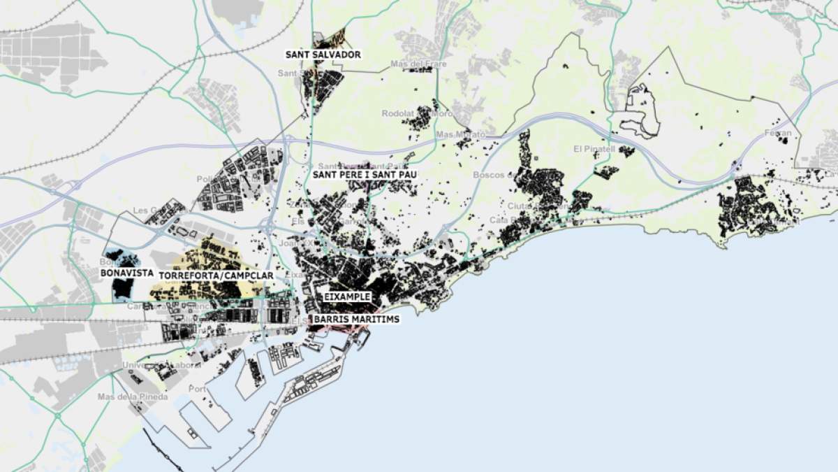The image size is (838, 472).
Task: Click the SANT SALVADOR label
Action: pos(323,55)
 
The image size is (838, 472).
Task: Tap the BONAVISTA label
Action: pos(126,273)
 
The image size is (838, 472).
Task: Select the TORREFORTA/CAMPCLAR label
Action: pos(216,276)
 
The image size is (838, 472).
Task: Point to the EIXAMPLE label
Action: pos(346,297)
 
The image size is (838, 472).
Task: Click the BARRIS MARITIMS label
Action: pos(357,319)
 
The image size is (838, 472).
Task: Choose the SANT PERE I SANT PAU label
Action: pos(360,175)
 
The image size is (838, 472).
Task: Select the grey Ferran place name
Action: pos(778,133)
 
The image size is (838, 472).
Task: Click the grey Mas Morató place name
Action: pos(454,134)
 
